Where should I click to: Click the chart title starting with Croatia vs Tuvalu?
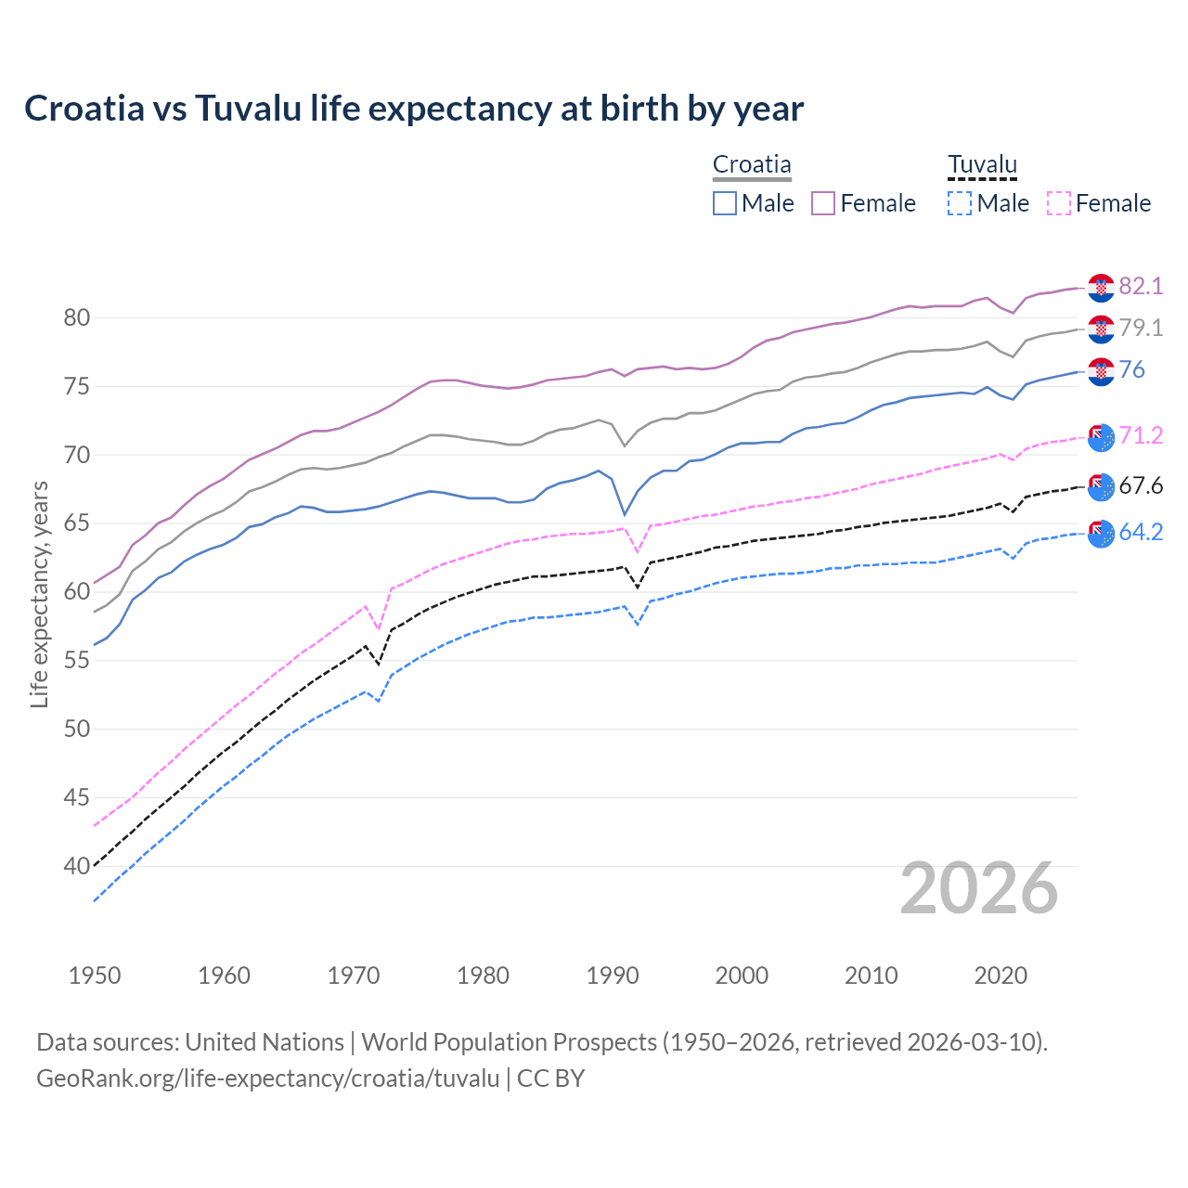[414, 109]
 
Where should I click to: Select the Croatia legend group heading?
[752, 165]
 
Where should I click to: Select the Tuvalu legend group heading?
[982, 165]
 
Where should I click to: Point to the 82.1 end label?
[1141, 286]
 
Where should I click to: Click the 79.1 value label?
[1141, 328]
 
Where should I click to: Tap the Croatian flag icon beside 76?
[1101, 371]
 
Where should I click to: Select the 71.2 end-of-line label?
[1141, 436]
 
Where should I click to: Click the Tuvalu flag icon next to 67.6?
[1101, 486]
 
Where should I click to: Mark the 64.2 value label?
[1141, 533]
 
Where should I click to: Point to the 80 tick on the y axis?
[77, 317]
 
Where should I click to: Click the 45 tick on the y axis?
[77, 797]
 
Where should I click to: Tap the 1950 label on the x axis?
[95, 975]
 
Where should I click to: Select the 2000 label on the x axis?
[742, 975]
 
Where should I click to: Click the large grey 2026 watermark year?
[979, 889]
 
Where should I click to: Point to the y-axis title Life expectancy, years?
[39, 594]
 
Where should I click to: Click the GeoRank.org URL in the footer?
[267, 1078]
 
